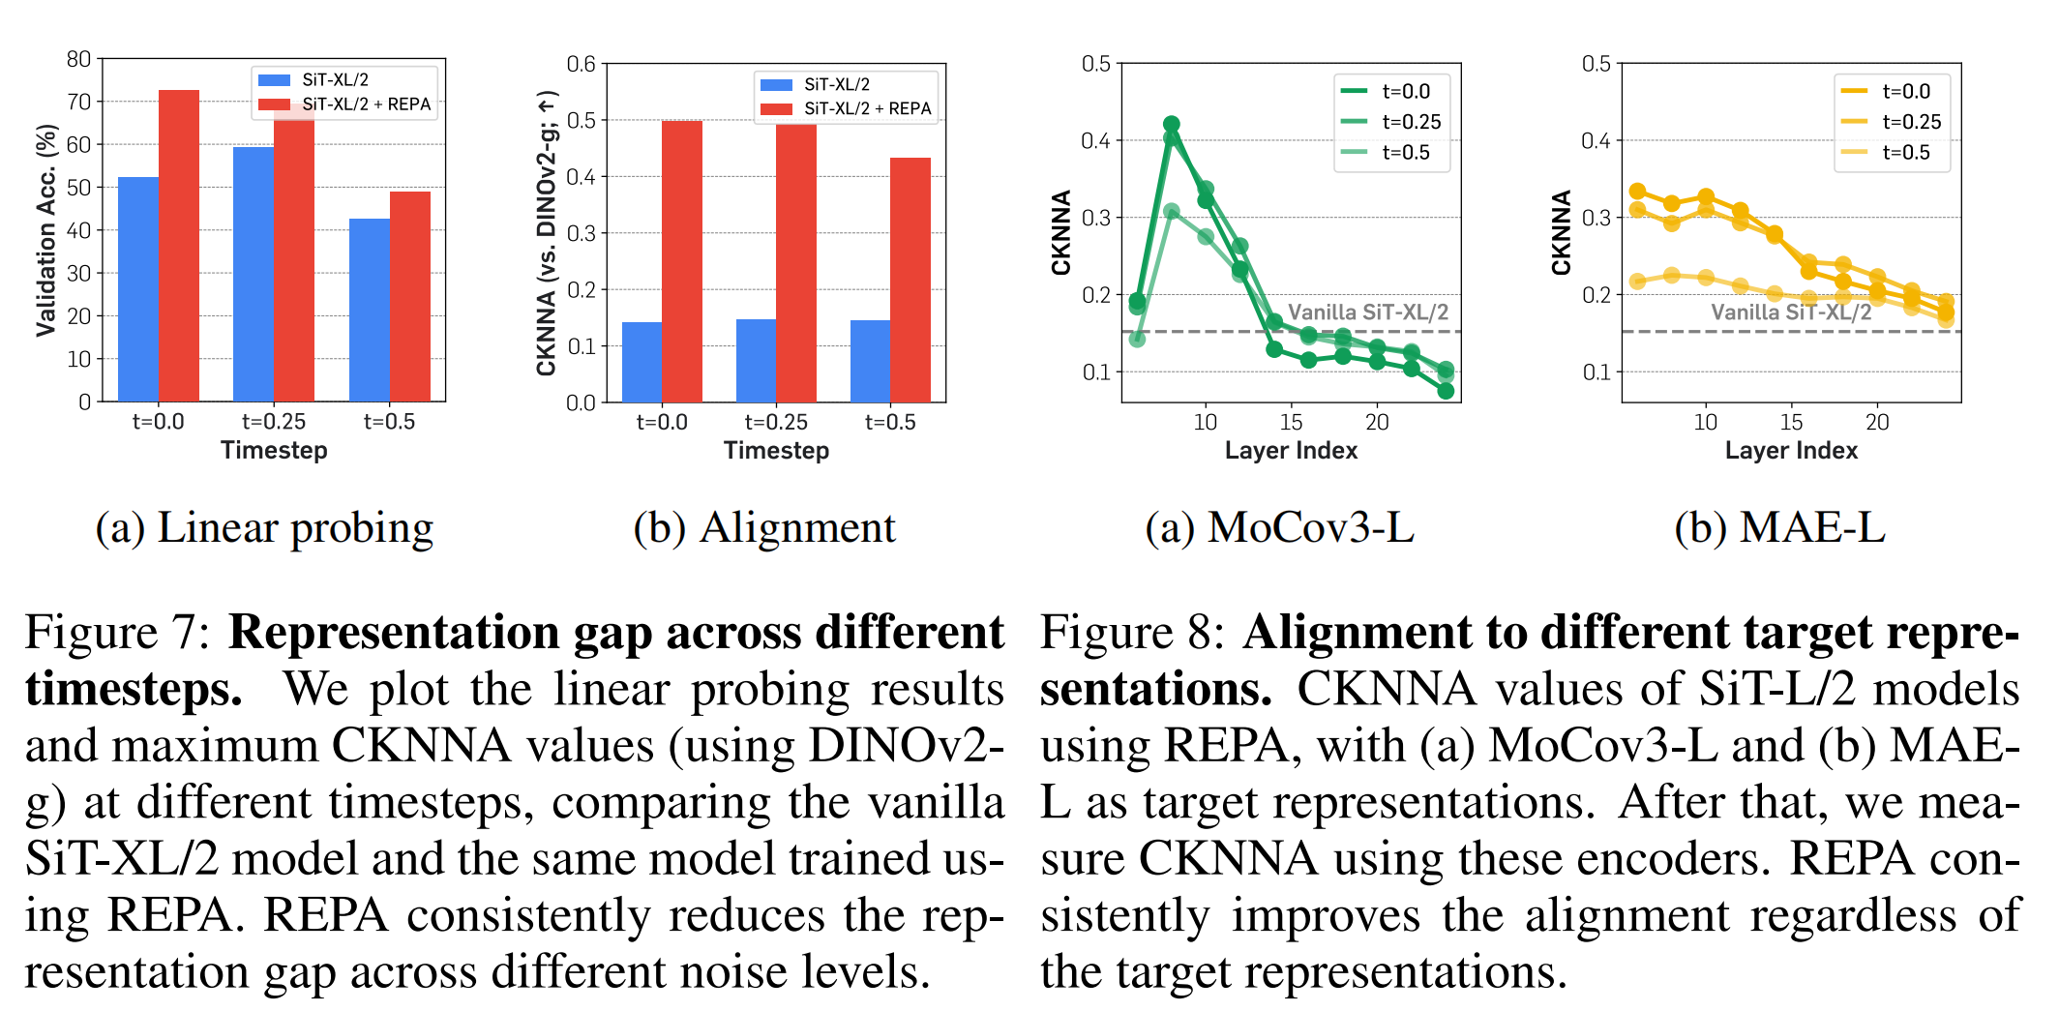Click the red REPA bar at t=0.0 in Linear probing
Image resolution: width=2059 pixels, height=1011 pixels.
179,247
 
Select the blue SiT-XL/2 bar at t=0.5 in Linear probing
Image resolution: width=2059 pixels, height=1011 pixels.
370,310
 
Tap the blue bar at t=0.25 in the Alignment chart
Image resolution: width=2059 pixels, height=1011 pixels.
756,360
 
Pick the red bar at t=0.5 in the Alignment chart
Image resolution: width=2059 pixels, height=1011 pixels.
910,281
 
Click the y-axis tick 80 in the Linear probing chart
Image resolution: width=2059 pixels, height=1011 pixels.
78,59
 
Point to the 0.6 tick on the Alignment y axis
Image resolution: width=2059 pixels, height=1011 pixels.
581,64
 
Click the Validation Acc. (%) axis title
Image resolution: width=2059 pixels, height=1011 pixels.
45,230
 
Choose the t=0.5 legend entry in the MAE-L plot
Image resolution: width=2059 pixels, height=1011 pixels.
1905,152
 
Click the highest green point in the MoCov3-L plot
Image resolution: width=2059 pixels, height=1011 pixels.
1171,125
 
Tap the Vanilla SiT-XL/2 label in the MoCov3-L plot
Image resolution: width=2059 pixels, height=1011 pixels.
1368,312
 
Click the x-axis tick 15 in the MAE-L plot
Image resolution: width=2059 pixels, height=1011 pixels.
1791,422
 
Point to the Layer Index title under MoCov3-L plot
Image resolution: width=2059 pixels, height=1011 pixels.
1291,450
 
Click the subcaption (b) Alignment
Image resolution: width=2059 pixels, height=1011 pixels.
764,528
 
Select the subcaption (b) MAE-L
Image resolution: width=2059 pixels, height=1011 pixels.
1779,528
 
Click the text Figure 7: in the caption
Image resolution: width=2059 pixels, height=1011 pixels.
117,633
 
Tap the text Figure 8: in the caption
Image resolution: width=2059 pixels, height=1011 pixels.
1132,633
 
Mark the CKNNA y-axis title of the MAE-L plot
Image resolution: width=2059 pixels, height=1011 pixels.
1561,232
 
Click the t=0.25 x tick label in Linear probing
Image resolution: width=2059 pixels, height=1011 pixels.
274,422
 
